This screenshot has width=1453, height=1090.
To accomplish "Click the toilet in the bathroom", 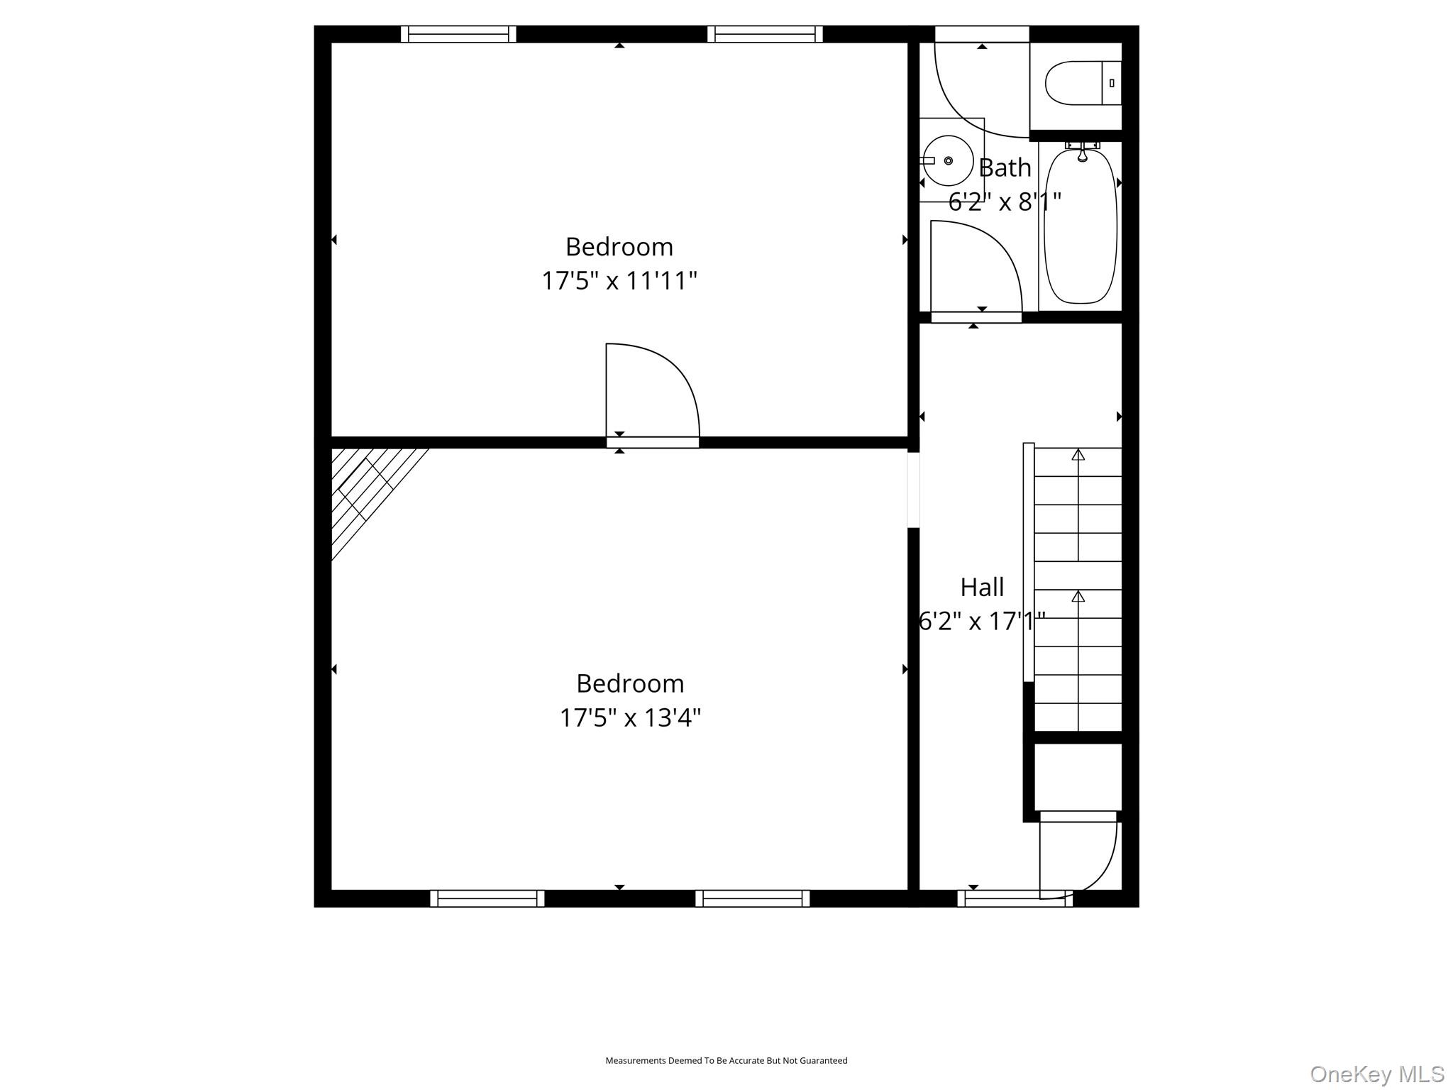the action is point(1083,83).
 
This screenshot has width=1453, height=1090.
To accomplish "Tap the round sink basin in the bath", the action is point(948,161).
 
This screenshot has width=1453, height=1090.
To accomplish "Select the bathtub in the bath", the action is point(1081,226).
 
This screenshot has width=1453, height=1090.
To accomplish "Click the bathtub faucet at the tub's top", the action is point(1082,151).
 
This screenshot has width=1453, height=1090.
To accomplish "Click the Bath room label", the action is point(1005,168).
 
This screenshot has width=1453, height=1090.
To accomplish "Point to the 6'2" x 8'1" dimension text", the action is point(1005,202).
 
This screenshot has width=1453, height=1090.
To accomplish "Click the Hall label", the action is point(982,588).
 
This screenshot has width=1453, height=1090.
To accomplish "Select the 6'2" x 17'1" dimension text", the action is point(982,622).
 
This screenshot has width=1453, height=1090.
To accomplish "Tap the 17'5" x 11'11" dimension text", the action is point(619,281).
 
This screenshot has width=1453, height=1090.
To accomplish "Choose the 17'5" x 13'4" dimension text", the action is point(630,718).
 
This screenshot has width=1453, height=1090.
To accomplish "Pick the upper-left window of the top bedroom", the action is point(458,34).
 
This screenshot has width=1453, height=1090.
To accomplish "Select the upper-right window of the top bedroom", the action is point(765,34).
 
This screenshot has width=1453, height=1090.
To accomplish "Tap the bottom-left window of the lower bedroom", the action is point(487,898).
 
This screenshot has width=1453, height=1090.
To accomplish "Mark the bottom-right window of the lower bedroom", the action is point(752,898).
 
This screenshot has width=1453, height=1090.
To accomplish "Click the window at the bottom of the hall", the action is point(1015,898).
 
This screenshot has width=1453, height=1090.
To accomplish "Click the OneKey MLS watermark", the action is point(1377,1074).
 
